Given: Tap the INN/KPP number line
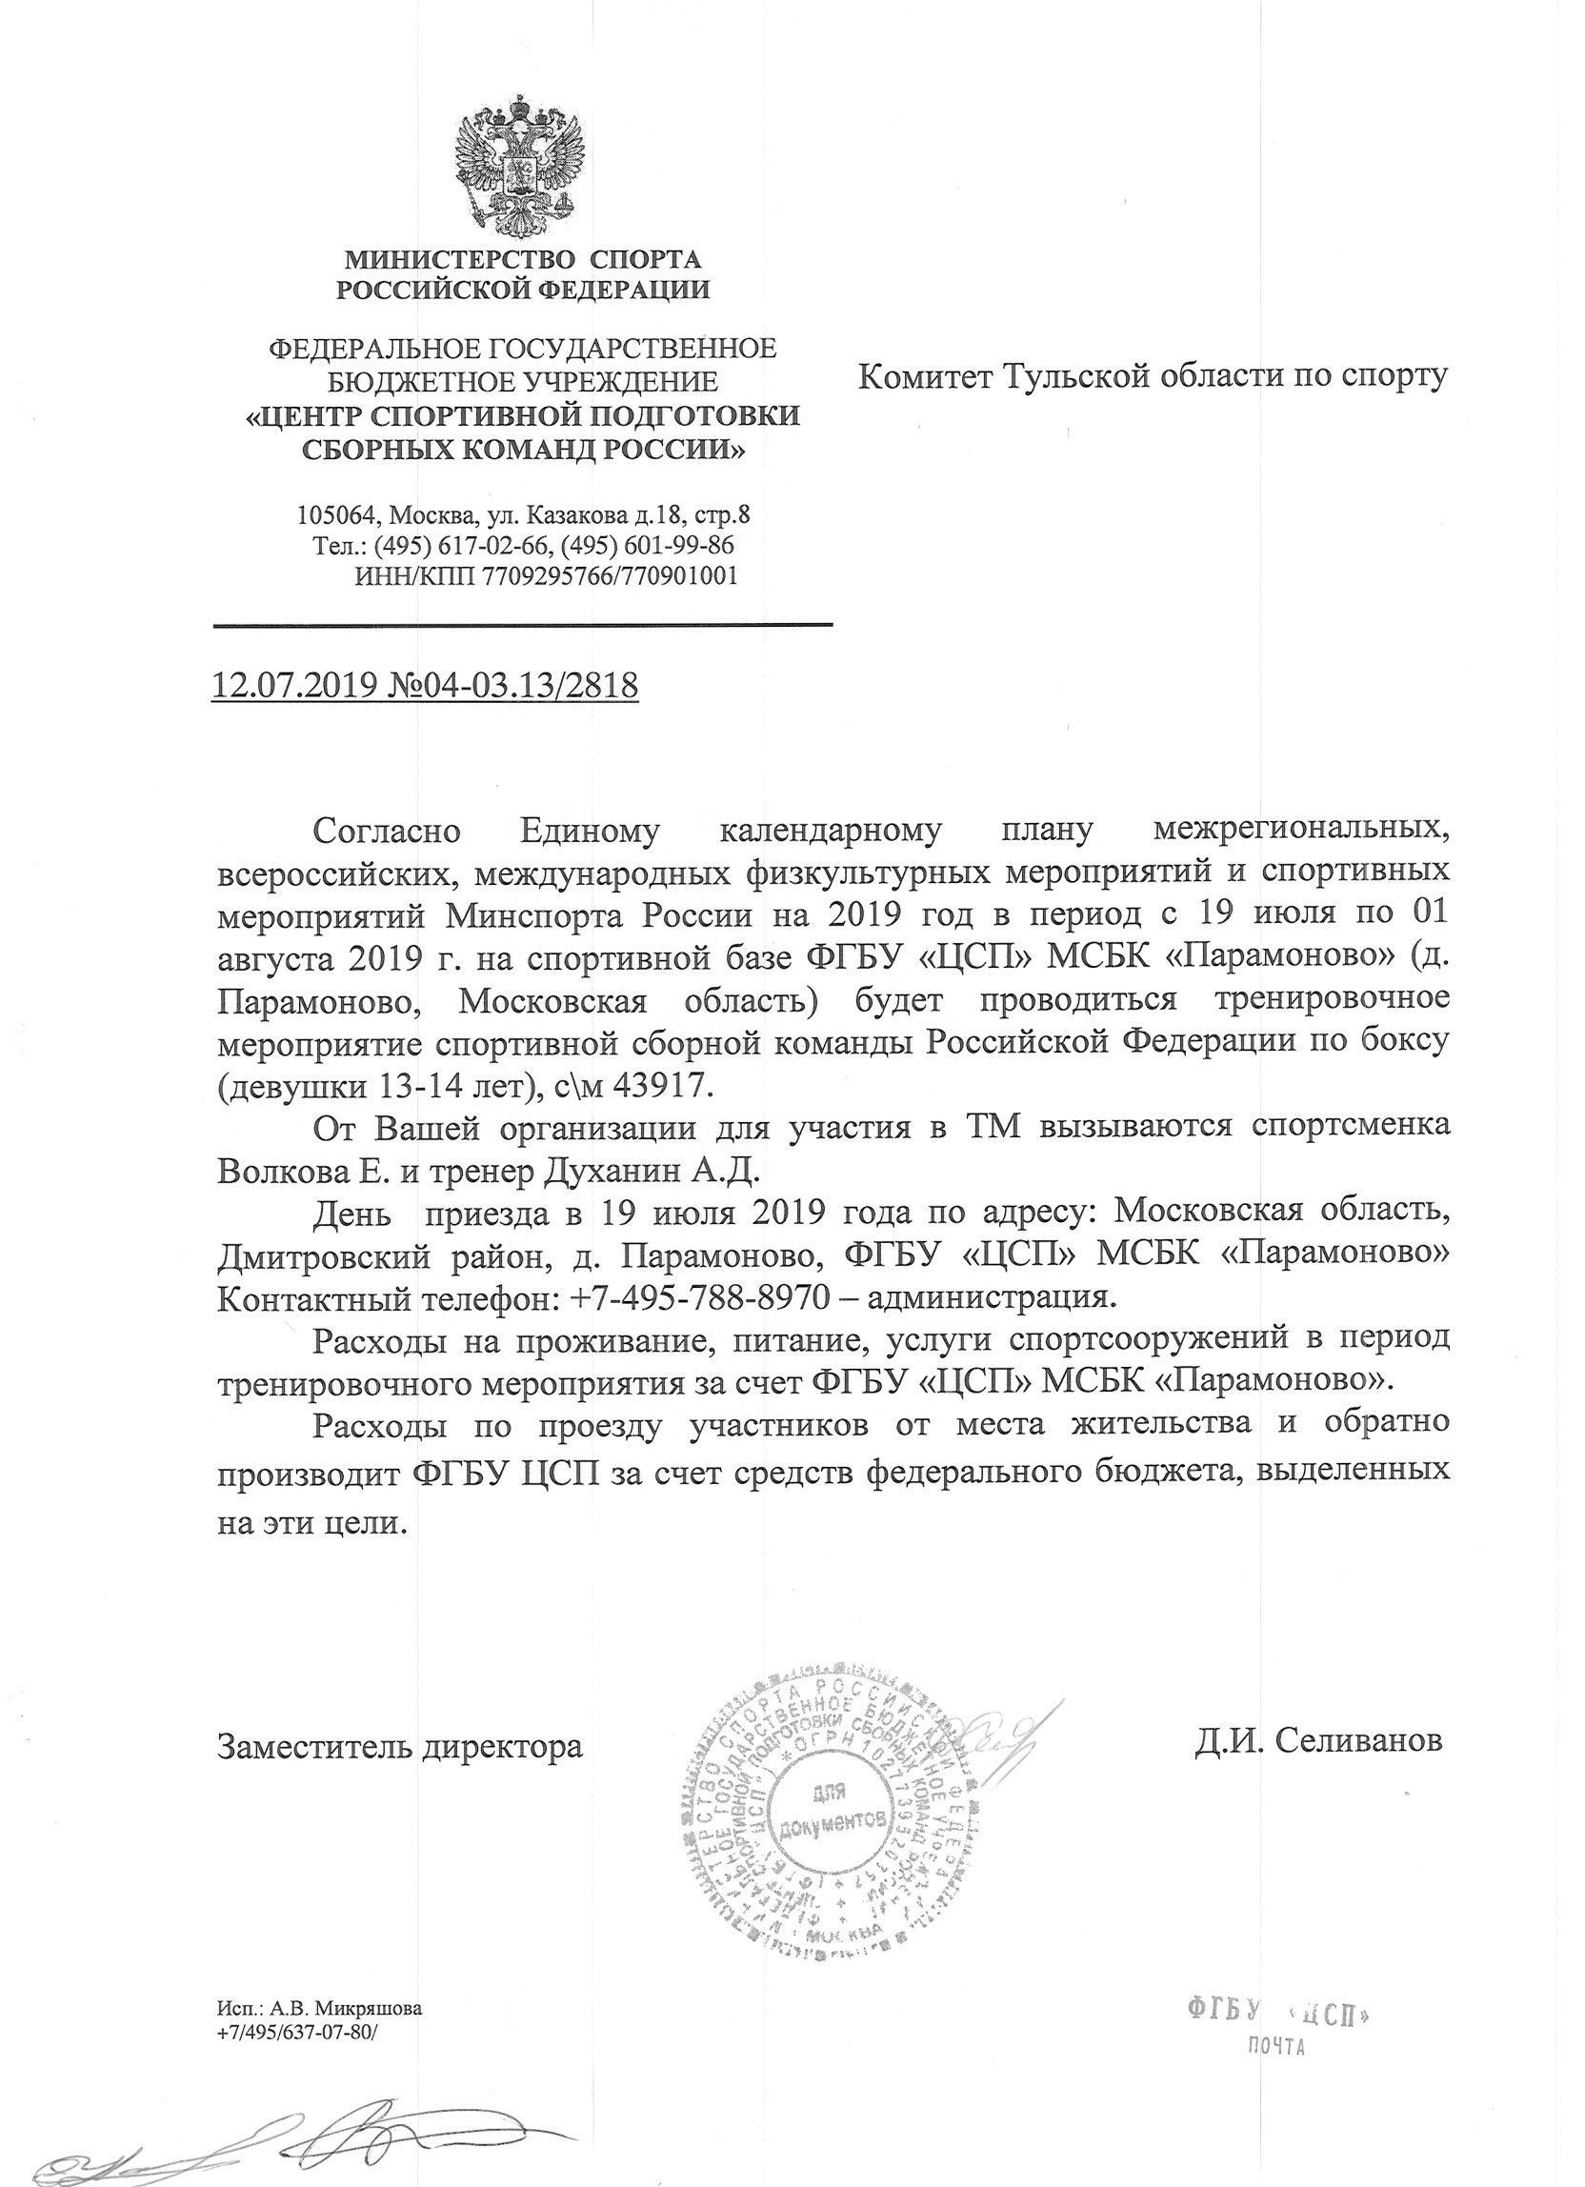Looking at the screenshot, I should point(546,575).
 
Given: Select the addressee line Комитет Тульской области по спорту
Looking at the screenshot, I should point(1154,375).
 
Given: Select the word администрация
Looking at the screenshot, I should point(993,1296).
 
